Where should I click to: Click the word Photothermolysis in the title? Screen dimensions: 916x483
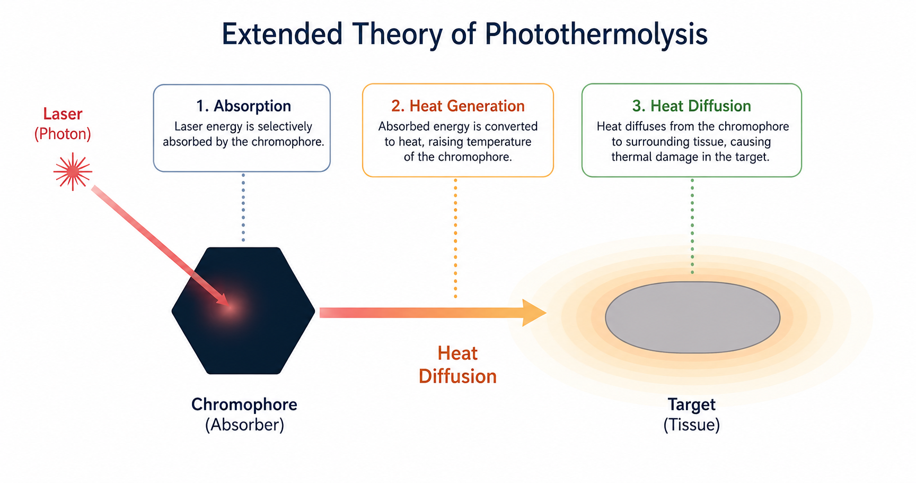(596, 34)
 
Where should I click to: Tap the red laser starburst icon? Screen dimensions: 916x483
(73, 171)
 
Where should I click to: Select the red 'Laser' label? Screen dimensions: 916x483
(63, 114)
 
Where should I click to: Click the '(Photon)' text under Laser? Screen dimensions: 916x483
(63, 134)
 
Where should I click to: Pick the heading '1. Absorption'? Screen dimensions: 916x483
(243, 106)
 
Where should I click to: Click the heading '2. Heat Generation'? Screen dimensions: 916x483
(458, 106)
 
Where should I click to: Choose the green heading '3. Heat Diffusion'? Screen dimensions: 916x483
(691, 106)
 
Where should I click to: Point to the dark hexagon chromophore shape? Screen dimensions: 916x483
(243, 310)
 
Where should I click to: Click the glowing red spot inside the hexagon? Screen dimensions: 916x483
(230, 307)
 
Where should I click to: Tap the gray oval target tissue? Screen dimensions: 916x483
(692, 317)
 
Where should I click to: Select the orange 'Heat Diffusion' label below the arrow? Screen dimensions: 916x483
(457, 365)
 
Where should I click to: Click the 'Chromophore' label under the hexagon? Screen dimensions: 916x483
(244, 404)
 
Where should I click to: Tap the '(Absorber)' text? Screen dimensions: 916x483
(244, 425)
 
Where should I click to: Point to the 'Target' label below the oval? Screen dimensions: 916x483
(691, 404)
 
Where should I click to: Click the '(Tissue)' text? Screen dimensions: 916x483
(691, 425)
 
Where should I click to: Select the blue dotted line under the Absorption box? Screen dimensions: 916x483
(243, 208)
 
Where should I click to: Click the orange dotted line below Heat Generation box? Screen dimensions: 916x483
(455, 238)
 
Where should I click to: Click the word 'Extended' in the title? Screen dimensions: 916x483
(282, 34)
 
